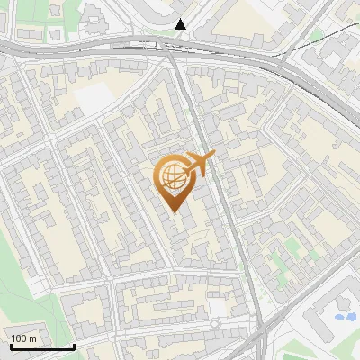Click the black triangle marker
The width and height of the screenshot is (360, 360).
(x=181, y=24)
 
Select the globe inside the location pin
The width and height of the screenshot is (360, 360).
(x=173, y=178)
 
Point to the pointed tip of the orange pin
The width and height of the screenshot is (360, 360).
(x=174, y=211)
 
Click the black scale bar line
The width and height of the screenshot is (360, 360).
(x=41, y=346)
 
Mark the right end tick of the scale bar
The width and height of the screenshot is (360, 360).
(x=74, y=345)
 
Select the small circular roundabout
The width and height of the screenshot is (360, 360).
(x=215, y=323)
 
